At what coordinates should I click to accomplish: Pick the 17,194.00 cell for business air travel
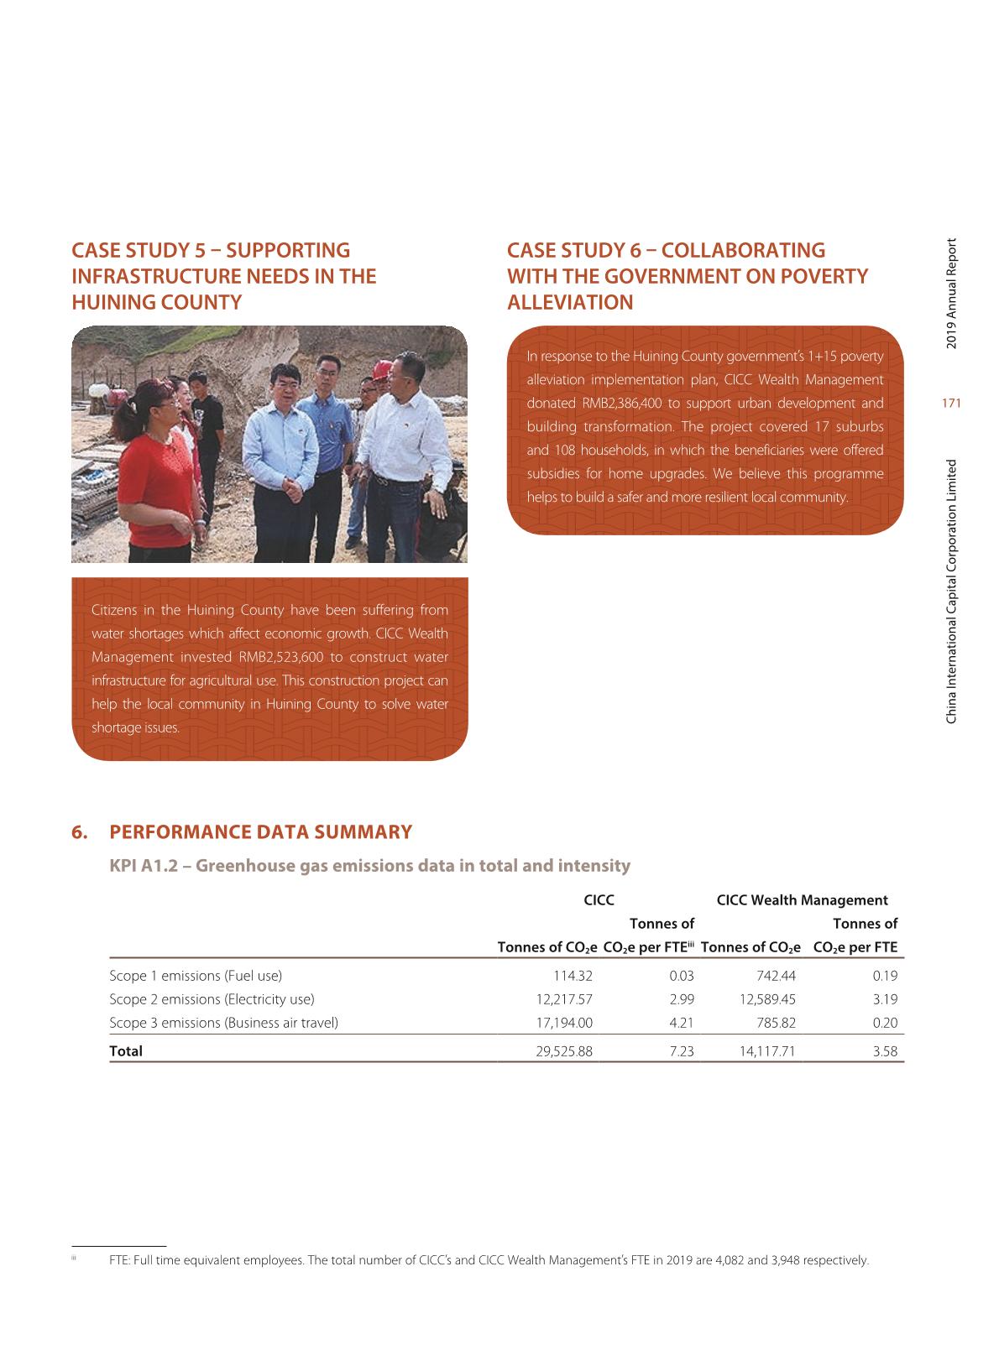[563, 1022]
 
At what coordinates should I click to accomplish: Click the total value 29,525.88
[563, 1050]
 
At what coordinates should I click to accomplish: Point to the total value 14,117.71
[767, 1050]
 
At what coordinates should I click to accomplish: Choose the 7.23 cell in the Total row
[682, 1050]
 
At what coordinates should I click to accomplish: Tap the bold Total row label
[126, 1050]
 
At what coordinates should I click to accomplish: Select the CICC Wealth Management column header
[802, 900]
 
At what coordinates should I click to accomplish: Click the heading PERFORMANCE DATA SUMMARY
[260, 832]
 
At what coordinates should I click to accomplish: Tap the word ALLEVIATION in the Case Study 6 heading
[570, 302]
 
